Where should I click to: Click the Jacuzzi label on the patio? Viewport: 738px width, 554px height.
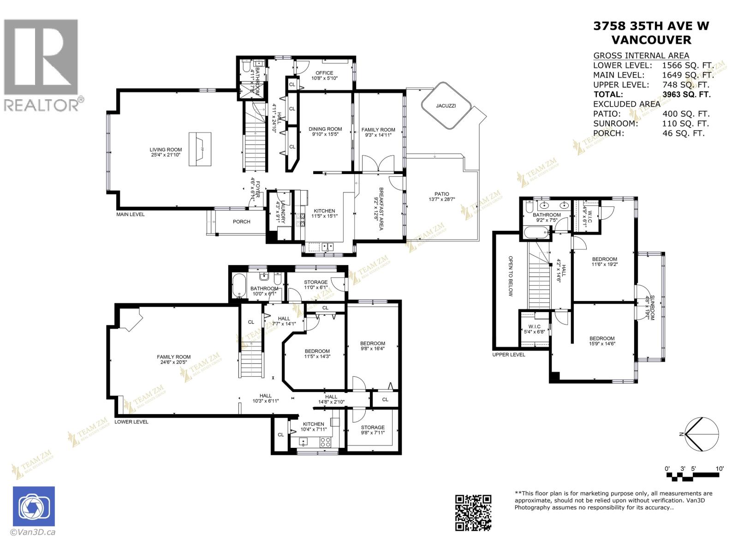coord(446,106)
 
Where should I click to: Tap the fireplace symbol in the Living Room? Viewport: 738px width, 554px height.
coord(200,146)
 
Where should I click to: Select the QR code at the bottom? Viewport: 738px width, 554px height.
coord(473,512)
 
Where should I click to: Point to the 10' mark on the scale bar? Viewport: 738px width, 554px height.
coord(720,469)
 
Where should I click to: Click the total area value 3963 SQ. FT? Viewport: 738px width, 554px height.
coord(686,94)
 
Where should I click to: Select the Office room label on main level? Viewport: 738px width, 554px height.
coord(324,73)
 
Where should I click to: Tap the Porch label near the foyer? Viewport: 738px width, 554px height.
coord(241,222)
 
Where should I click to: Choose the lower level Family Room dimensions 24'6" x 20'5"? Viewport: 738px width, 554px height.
coord(173,362)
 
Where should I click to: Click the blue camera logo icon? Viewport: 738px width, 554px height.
coord(34,506)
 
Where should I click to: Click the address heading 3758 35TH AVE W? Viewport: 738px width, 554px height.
coord(651,26)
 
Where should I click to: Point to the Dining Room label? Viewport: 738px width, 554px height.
coord(325,129)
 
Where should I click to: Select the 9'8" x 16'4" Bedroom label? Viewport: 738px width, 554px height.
coord(372,346)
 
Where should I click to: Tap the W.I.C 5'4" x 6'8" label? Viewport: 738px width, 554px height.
coord(534,329)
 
